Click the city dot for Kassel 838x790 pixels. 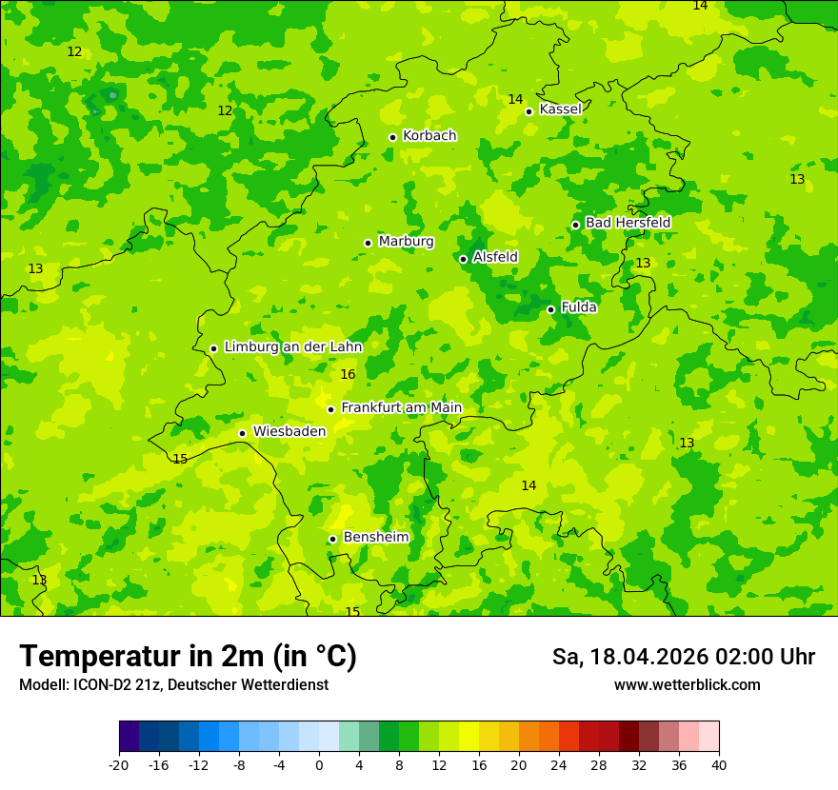tap(529, 111)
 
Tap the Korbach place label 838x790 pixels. tap(429, 136)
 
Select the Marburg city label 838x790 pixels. tap(406, 242)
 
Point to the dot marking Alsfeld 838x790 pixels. tap(464, 259)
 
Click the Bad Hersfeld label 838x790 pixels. tap(628, 223)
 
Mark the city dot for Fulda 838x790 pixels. tap(550, 309)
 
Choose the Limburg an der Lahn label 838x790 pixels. tap(292, 347)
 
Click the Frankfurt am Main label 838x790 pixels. tap(401, 408)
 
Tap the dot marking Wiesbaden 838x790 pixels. tap(242, 434)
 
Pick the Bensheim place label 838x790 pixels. tap(375, 538)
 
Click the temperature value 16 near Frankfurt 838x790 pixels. tap(348, 375)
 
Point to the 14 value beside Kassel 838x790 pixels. tap(515, 99)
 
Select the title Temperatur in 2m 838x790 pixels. tap(188, 656)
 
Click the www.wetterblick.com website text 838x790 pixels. tap(687, 685)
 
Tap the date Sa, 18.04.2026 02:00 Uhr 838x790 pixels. tap(683, 657)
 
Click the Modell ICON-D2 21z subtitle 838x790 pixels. tap(173, 685)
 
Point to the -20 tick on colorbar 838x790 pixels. tap(119, 764)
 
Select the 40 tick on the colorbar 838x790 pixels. tap(718, 764)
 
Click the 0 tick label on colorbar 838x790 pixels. tap(319, 764)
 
